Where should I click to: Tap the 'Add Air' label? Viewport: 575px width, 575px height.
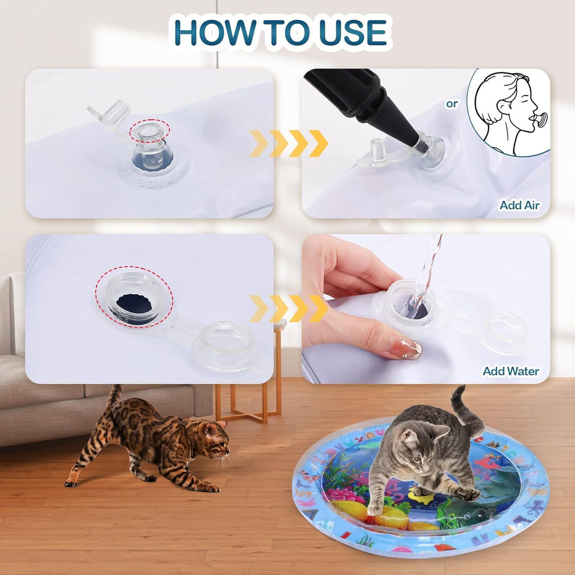(x=519, y=205)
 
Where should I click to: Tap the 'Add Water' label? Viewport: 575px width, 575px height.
(x=511, y=371)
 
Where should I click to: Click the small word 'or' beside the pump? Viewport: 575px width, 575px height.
(x=452, y=104)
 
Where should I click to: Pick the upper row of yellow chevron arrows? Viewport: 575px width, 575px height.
(x=288, y=143)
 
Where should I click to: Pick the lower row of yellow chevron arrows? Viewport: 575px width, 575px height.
(x=288, y=308)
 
